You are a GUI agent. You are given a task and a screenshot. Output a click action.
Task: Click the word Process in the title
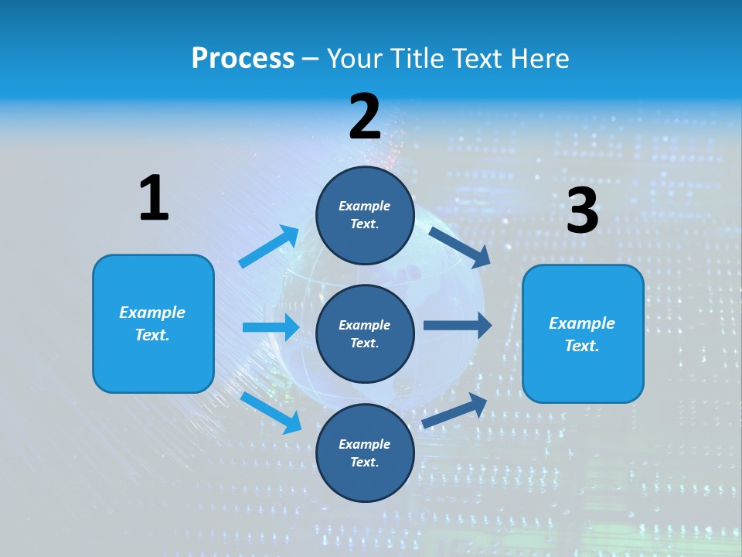point(243,59)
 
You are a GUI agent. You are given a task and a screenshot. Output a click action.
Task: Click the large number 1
point(154,198)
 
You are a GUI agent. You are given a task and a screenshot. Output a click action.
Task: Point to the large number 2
point(365,117)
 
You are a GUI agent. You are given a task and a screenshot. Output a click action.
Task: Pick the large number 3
point(582,211)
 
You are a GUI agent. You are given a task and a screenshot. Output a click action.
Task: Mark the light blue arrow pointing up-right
point(269,247)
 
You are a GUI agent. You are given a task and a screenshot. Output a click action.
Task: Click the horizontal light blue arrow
point(271,327)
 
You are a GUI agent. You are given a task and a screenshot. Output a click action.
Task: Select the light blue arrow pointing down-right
point(271,412)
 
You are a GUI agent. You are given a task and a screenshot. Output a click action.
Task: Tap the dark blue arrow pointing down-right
point(459,247)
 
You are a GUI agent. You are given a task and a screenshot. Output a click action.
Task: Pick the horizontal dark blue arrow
point(457,326)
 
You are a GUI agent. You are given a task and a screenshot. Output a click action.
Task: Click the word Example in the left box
point(152,313)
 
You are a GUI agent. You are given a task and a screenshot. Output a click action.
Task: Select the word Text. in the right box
point(582,346)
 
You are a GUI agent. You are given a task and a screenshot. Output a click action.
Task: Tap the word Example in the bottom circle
point(365,444)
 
